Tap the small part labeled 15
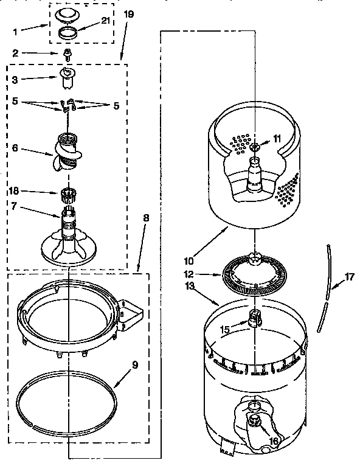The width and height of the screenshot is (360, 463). (255, 316)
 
